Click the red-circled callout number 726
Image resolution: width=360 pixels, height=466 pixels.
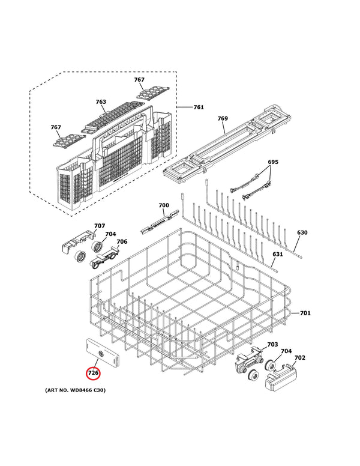click(93, 373)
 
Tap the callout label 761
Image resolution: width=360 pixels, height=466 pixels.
click(199, 107)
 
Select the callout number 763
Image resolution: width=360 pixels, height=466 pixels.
click(101, 102)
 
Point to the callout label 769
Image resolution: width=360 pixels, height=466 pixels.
click(223, 119)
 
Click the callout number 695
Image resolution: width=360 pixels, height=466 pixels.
click(273, 162)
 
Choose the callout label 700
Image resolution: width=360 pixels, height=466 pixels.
click(164, 205)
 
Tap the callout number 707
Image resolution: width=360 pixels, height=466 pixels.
click(100, 226)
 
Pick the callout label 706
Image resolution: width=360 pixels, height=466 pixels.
click(122, 241)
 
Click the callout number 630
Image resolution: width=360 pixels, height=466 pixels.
click(302, 232)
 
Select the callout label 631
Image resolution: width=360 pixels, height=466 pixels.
click(277, 254)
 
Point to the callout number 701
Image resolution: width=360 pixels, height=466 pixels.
click(305, 313)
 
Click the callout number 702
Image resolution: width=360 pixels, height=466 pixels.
click(300, 358)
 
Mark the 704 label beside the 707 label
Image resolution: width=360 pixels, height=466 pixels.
click(110, 234)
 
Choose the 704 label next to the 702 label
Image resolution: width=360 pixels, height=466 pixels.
click(286, 351)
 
